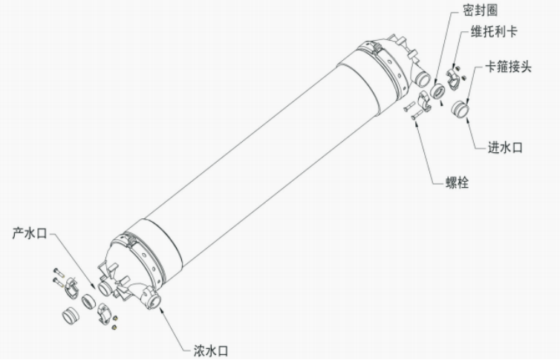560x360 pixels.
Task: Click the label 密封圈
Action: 481,10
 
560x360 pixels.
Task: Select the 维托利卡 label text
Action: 494,31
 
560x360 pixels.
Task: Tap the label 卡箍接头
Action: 508,67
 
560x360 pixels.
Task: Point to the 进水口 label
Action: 505,147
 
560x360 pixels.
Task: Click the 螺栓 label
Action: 458,182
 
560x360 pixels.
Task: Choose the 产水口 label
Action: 30,233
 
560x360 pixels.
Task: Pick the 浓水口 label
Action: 211,351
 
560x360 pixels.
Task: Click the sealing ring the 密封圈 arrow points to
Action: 437,91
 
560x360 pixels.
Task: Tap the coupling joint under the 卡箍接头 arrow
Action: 460,109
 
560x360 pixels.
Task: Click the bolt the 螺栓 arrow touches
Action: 417,115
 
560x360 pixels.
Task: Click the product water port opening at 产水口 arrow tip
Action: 104,288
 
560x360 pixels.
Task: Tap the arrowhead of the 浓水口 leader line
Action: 163,310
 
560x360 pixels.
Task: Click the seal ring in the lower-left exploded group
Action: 88,301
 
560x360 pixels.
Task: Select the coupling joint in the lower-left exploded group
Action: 71,315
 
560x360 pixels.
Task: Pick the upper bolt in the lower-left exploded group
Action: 59,272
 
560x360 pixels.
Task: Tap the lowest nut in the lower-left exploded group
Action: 114,327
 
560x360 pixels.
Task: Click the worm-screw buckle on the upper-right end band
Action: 375,47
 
